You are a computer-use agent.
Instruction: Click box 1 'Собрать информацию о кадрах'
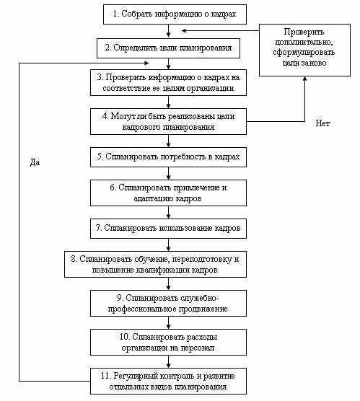coord(175,14)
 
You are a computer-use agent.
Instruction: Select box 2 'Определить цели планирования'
coord(168,48)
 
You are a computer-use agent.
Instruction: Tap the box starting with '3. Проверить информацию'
coord(168,83)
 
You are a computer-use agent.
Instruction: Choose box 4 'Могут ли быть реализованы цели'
coord(168,121)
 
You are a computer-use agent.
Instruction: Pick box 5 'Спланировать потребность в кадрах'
coord(168,157)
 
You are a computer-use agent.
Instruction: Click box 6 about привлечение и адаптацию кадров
coord(168,193)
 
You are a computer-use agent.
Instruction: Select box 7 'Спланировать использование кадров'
coord(168,229)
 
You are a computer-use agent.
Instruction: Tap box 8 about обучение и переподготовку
coord(155,264)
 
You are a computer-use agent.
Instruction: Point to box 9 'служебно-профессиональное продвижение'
coord(168,303)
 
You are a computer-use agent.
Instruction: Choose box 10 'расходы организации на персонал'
coord(168,342)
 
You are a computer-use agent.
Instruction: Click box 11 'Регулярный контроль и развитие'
coord(168,381)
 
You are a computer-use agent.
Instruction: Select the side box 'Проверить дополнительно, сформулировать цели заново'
coord(304,50)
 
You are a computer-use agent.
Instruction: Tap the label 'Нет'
coord(322,123)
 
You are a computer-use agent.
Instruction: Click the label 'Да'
coord(35,162)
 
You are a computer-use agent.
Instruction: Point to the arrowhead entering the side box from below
coord(304,79)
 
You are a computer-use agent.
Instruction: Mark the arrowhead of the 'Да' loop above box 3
coord(146,63)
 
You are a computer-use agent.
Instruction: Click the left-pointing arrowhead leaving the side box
coord(184,31)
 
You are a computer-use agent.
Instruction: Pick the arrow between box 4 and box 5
coord(168,141)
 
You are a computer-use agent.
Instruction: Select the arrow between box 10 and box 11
coord(168,361)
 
